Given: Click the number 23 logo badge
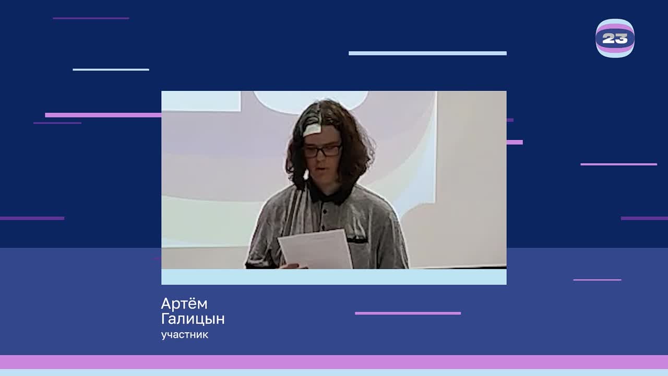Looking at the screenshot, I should pos(615,38).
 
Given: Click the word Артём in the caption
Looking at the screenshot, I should pos(184,303).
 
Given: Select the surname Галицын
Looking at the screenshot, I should pos(193,319).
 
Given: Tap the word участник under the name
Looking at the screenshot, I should pos(185,335).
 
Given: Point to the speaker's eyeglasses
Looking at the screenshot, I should pos(323,151).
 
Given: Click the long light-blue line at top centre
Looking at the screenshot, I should pos(427,53).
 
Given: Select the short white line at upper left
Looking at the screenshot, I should pos(111,69).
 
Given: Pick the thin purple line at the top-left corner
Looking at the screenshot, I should pos(91,18).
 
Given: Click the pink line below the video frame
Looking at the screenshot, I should pos(408,313).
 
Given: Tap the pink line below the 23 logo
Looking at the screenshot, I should pos(618,164).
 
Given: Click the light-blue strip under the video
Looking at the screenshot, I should pos(333,277).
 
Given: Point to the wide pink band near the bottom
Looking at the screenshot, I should pos(334,362).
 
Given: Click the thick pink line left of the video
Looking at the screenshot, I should pos(103,115).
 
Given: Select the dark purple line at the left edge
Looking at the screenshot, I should pos(32,218).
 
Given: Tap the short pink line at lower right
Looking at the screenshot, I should pos(597,280).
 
